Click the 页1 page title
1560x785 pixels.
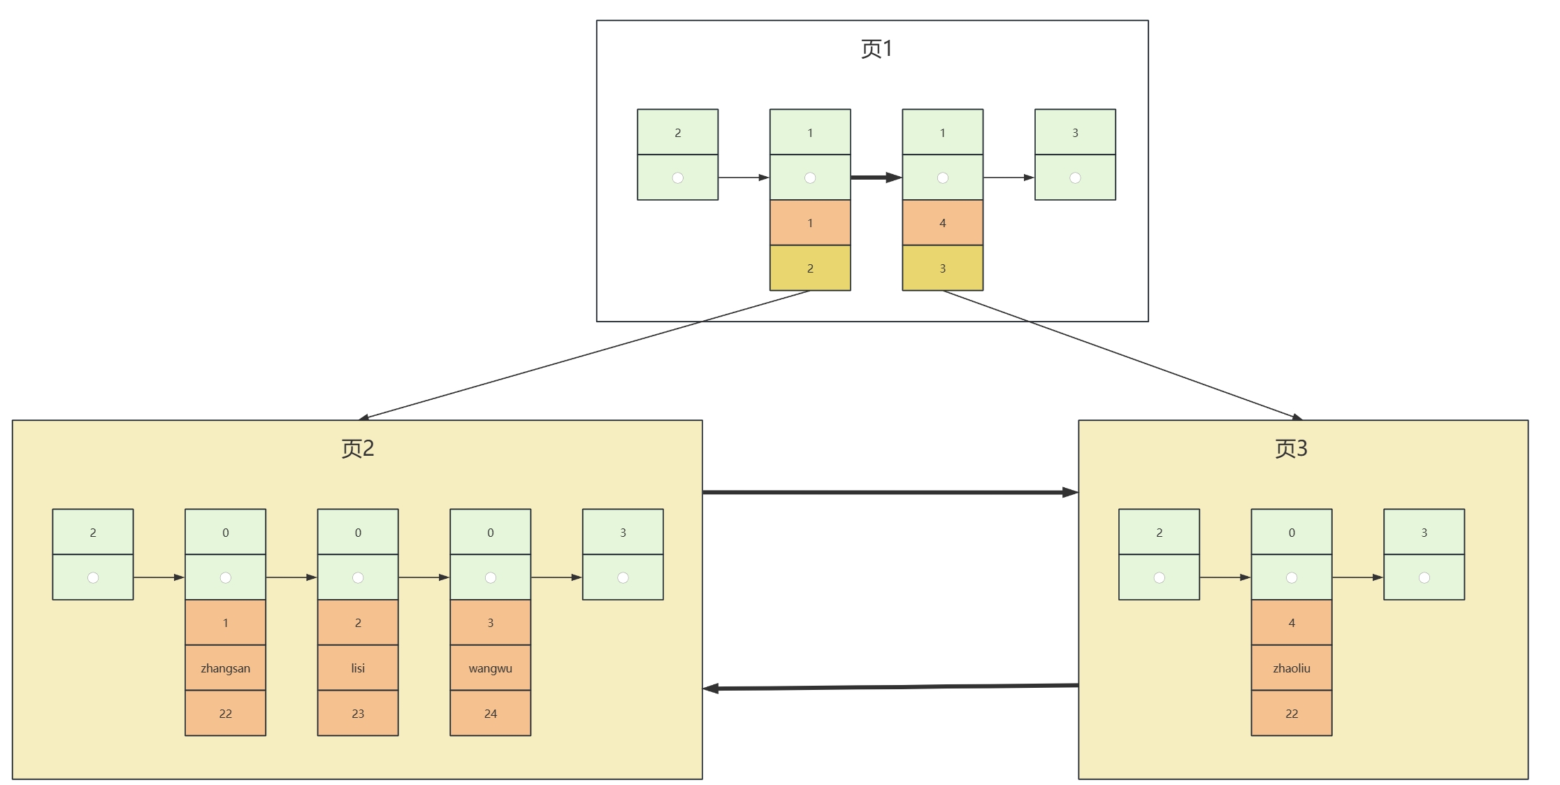(876, 49)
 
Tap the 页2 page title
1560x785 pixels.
(357, 448)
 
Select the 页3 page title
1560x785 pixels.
(1290, 448)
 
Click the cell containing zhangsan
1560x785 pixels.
(225, 668)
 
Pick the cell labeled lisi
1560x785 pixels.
(358, 668)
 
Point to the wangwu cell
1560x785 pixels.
(490, 668)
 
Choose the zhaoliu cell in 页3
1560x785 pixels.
(1291, 668)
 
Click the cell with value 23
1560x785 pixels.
(358, 714)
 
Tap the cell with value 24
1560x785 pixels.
(490, 714)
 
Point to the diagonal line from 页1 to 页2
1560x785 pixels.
(584, 355)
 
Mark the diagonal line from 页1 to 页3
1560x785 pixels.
(1122, 354)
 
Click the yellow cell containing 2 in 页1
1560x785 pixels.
(810, 268)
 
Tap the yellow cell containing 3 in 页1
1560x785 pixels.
(942, 268)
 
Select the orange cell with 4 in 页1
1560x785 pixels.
(942, 223)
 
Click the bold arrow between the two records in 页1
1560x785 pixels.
(876, 178)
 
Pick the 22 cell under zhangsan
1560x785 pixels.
(225, 714)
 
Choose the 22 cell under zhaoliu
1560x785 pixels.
(1291, 714)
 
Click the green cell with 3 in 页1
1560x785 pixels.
(1075, 133)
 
